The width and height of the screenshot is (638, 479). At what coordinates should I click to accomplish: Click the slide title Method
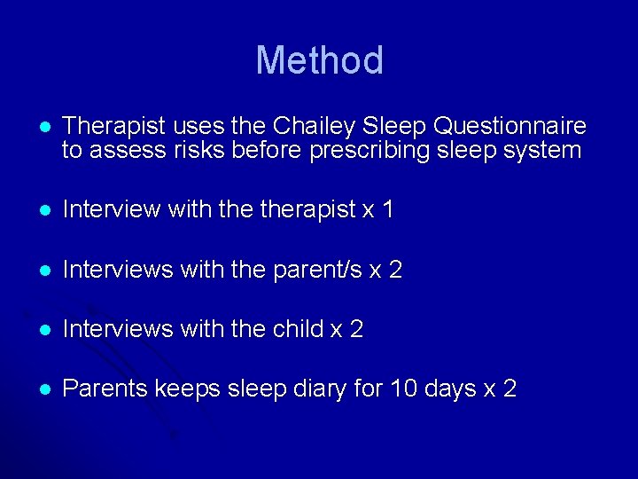click(319, 60)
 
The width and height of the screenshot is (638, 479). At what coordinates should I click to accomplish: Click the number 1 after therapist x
click(386, 210)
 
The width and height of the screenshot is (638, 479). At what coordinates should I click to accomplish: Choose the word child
click(298, 329)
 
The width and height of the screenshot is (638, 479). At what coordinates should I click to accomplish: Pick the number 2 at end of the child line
click(356, 329)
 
